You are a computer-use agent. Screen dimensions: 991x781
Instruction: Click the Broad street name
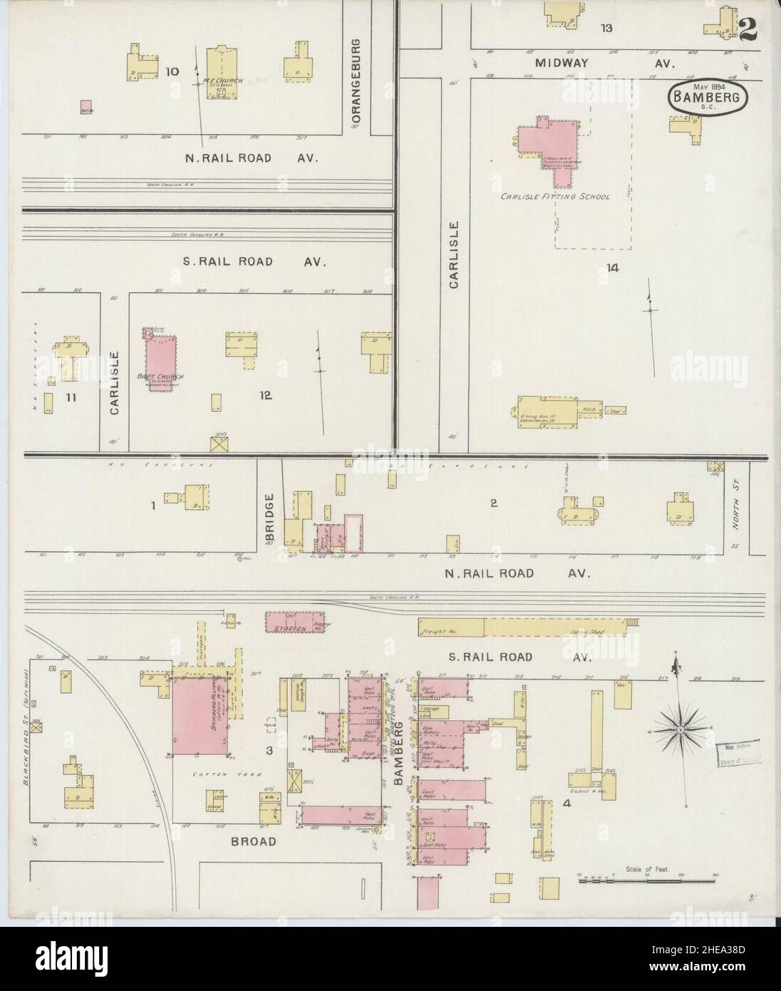253,841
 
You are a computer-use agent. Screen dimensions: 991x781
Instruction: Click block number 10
172,71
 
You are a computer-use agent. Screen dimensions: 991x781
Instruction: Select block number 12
267,395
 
